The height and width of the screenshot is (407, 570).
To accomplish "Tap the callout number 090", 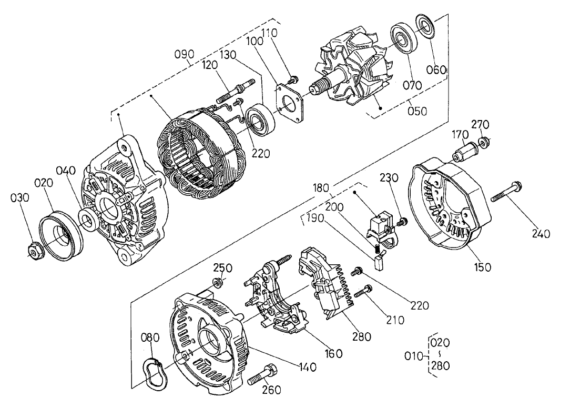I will (x=185, y=54).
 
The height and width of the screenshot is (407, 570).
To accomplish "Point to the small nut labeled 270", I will (x=483, y=141).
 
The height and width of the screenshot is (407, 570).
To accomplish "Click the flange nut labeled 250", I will (x=217, y=283).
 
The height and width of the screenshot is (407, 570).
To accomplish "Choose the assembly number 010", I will (x=413, y=356).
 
